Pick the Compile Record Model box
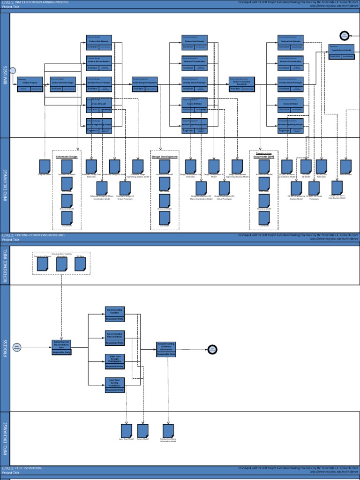point(341,52)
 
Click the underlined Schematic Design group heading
point(67,157)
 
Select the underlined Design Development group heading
point(164,157)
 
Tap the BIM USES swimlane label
point(5,75)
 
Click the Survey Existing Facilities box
point(114,314)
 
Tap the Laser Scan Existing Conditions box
point(114,385)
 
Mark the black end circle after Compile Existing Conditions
point(212,349)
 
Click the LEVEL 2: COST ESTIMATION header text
point(22,468)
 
